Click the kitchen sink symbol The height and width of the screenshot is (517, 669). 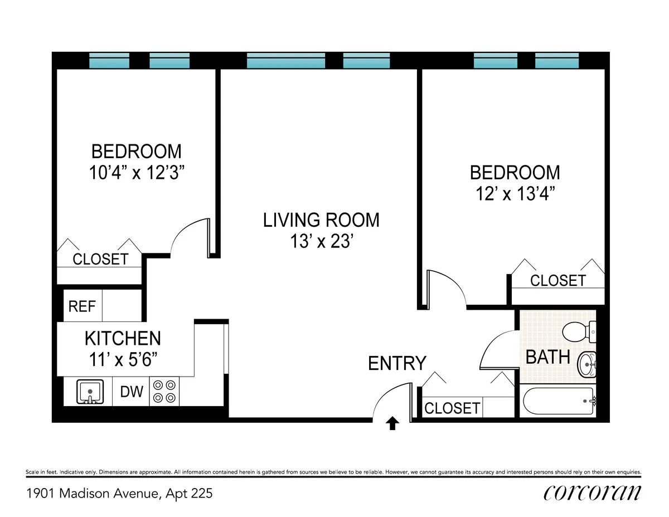coord(89,392)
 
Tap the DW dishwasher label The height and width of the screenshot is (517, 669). coord(132,392)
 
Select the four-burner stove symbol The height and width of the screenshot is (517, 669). coord(164,391)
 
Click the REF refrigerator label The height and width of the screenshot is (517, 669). coord(82,306)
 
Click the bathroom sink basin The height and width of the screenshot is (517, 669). coord(586,364)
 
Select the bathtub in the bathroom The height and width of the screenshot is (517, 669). coord(559,401)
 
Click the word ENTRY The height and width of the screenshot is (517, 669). coord(397,363)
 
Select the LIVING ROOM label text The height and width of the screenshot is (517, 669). coord(321,220)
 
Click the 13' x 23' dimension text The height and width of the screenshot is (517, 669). coord(321,242)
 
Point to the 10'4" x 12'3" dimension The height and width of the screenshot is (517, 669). coord(137,173)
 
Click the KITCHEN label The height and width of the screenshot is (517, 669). coord(123,338)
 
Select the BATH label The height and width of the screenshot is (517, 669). coord(548,357)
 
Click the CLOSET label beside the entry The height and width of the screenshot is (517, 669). coord(452,408)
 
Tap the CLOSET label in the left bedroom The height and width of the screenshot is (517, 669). coord(100,259)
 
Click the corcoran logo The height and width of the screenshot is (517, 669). coord(592,492)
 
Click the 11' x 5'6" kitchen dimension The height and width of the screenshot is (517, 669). coord(123,359)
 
